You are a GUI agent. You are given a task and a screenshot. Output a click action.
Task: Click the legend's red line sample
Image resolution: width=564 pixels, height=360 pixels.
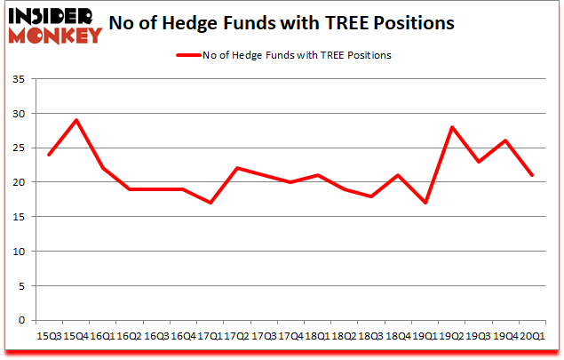click(x=189, y=55)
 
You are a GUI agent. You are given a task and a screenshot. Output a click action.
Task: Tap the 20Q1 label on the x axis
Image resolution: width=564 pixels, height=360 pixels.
click(x=532, y=336)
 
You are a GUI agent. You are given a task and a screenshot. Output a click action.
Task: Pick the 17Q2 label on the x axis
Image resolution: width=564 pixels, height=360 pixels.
click(x=235, y=336)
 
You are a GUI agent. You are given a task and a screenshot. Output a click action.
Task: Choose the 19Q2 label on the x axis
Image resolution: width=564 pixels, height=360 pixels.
click(x=451, y=336)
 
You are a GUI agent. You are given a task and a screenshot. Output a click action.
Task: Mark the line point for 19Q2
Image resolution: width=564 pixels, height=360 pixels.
click(x=451, y=127)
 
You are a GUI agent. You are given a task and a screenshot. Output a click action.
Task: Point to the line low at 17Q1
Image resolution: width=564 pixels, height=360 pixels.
click(x=210, y=203)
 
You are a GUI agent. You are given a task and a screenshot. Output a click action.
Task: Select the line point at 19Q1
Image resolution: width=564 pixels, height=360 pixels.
click(x=425, y=203)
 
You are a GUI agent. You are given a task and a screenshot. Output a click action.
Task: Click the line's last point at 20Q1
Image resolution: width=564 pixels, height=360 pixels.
click(x=532, y=175)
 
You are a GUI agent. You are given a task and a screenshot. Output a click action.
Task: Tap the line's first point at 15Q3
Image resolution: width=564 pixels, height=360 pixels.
click(x=48, y=155)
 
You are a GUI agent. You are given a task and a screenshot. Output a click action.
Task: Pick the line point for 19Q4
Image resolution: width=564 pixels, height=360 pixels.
click(x=505, y=140)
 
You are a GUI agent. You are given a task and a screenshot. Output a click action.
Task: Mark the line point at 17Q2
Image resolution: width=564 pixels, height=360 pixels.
click(x=236, y=168)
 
